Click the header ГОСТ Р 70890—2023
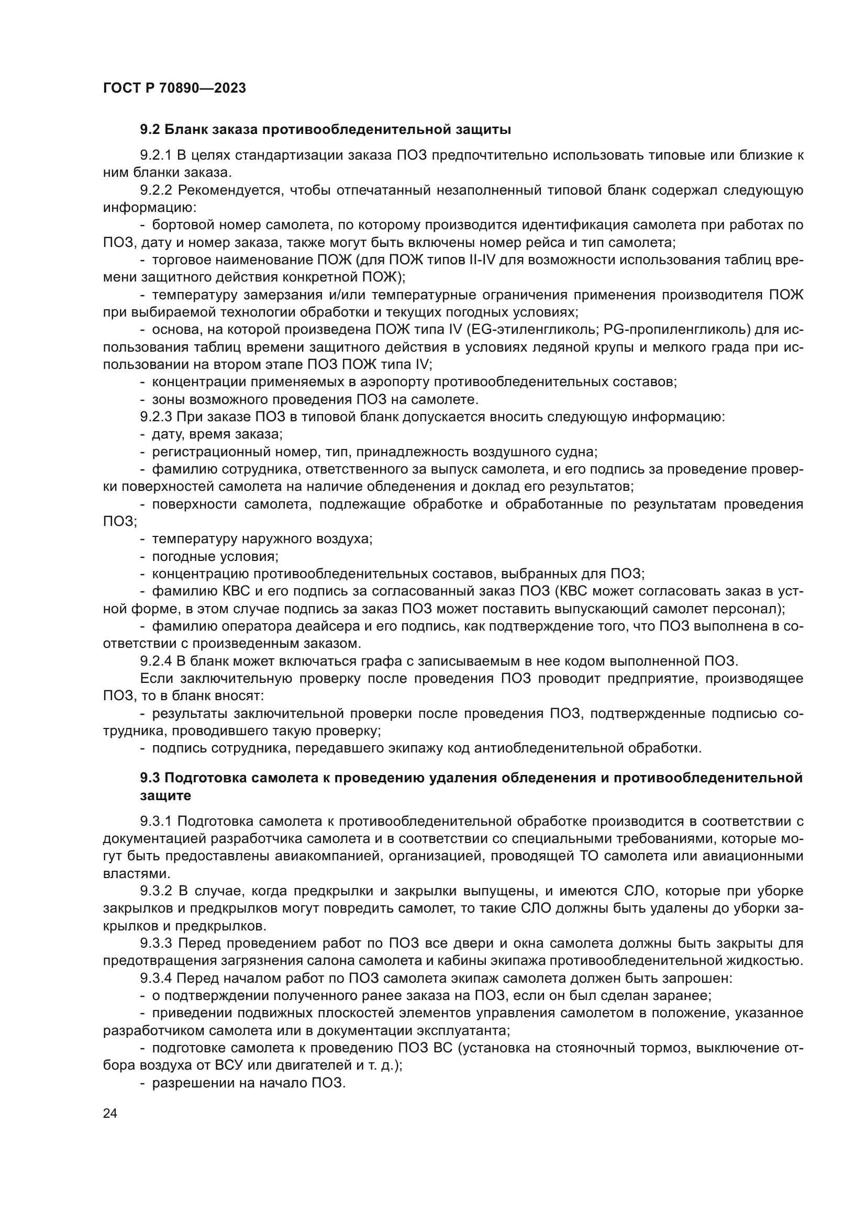174,88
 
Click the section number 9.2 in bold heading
150,130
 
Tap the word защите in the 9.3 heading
165,795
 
